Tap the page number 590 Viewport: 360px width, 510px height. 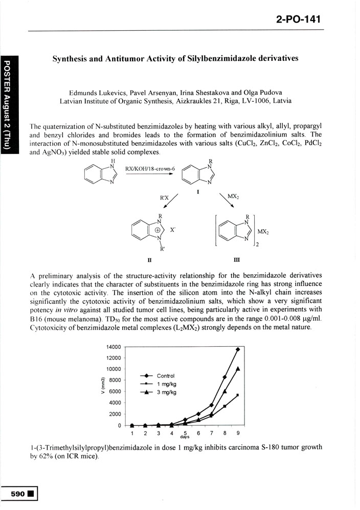tap(19, 495)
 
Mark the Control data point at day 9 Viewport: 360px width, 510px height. tap(238, 349)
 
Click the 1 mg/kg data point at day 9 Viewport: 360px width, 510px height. tap(238, 395)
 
